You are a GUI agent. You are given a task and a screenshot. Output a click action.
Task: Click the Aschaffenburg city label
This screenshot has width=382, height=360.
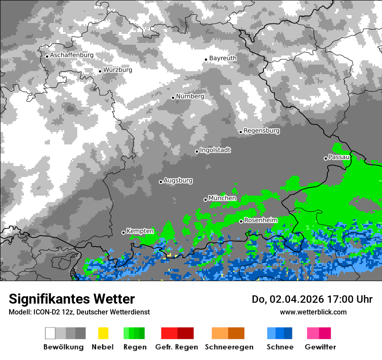click(x=72, y=56)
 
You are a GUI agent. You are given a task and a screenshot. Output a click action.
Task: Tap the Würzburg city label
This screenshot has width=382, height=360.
click(x=118, y=70)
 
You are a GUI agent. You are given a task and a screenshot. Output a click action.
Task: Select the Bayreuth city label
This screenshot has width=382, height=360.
click(x=223, y=58)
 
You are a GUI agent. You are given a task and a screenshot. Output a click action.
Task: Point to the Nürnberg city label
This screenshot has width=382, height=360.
click(x=190, y=97)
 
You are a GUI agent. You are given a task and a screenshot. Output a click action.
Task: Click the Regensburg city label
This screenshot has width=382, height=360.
click(x=261, y=131)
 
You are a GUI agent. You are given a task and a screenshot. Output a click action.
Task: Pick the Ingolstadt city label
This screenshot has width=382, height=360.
click(x=215, y=151)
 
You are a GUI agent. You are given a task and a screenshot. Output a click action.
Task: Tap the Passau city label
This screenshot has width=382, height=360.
click(x=339, y=157)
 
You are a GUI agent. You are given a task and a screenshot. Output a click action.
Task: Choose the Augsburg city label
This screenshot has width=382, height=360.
click(x=178, y=181)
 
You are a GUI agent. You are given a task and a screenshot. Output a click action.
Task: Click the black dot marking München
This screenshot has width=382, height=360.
click(x=205, y=200)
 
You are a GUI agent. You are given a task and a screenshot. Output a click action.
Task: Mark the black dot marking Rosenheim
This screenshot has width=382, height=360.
click(x=241, y=221)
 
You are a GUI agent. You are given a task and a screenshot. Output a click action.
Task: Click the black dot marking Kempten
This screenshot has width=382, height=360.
click(x=123, y=232)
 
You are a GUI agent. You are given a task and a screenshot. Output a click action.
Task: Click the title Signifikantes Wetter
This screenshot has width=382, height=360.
click(x=72, y=299)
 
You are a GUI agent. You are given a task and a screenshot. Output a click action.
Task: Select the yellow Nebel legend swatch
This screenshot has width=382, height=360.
click(x=103, y=333)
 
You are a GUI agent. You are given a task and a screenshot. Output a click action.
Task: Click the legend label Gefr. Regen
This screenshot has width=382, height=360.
click(x=177, y=347)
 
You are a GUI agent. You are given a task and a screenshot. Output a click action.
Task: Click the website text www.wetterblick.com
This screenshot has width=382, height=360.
click(x=313, y=312)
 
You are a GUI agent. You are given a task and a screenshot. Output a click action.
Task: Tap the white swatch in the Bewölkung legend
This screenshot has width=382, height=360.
click(x=50, y=333)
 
